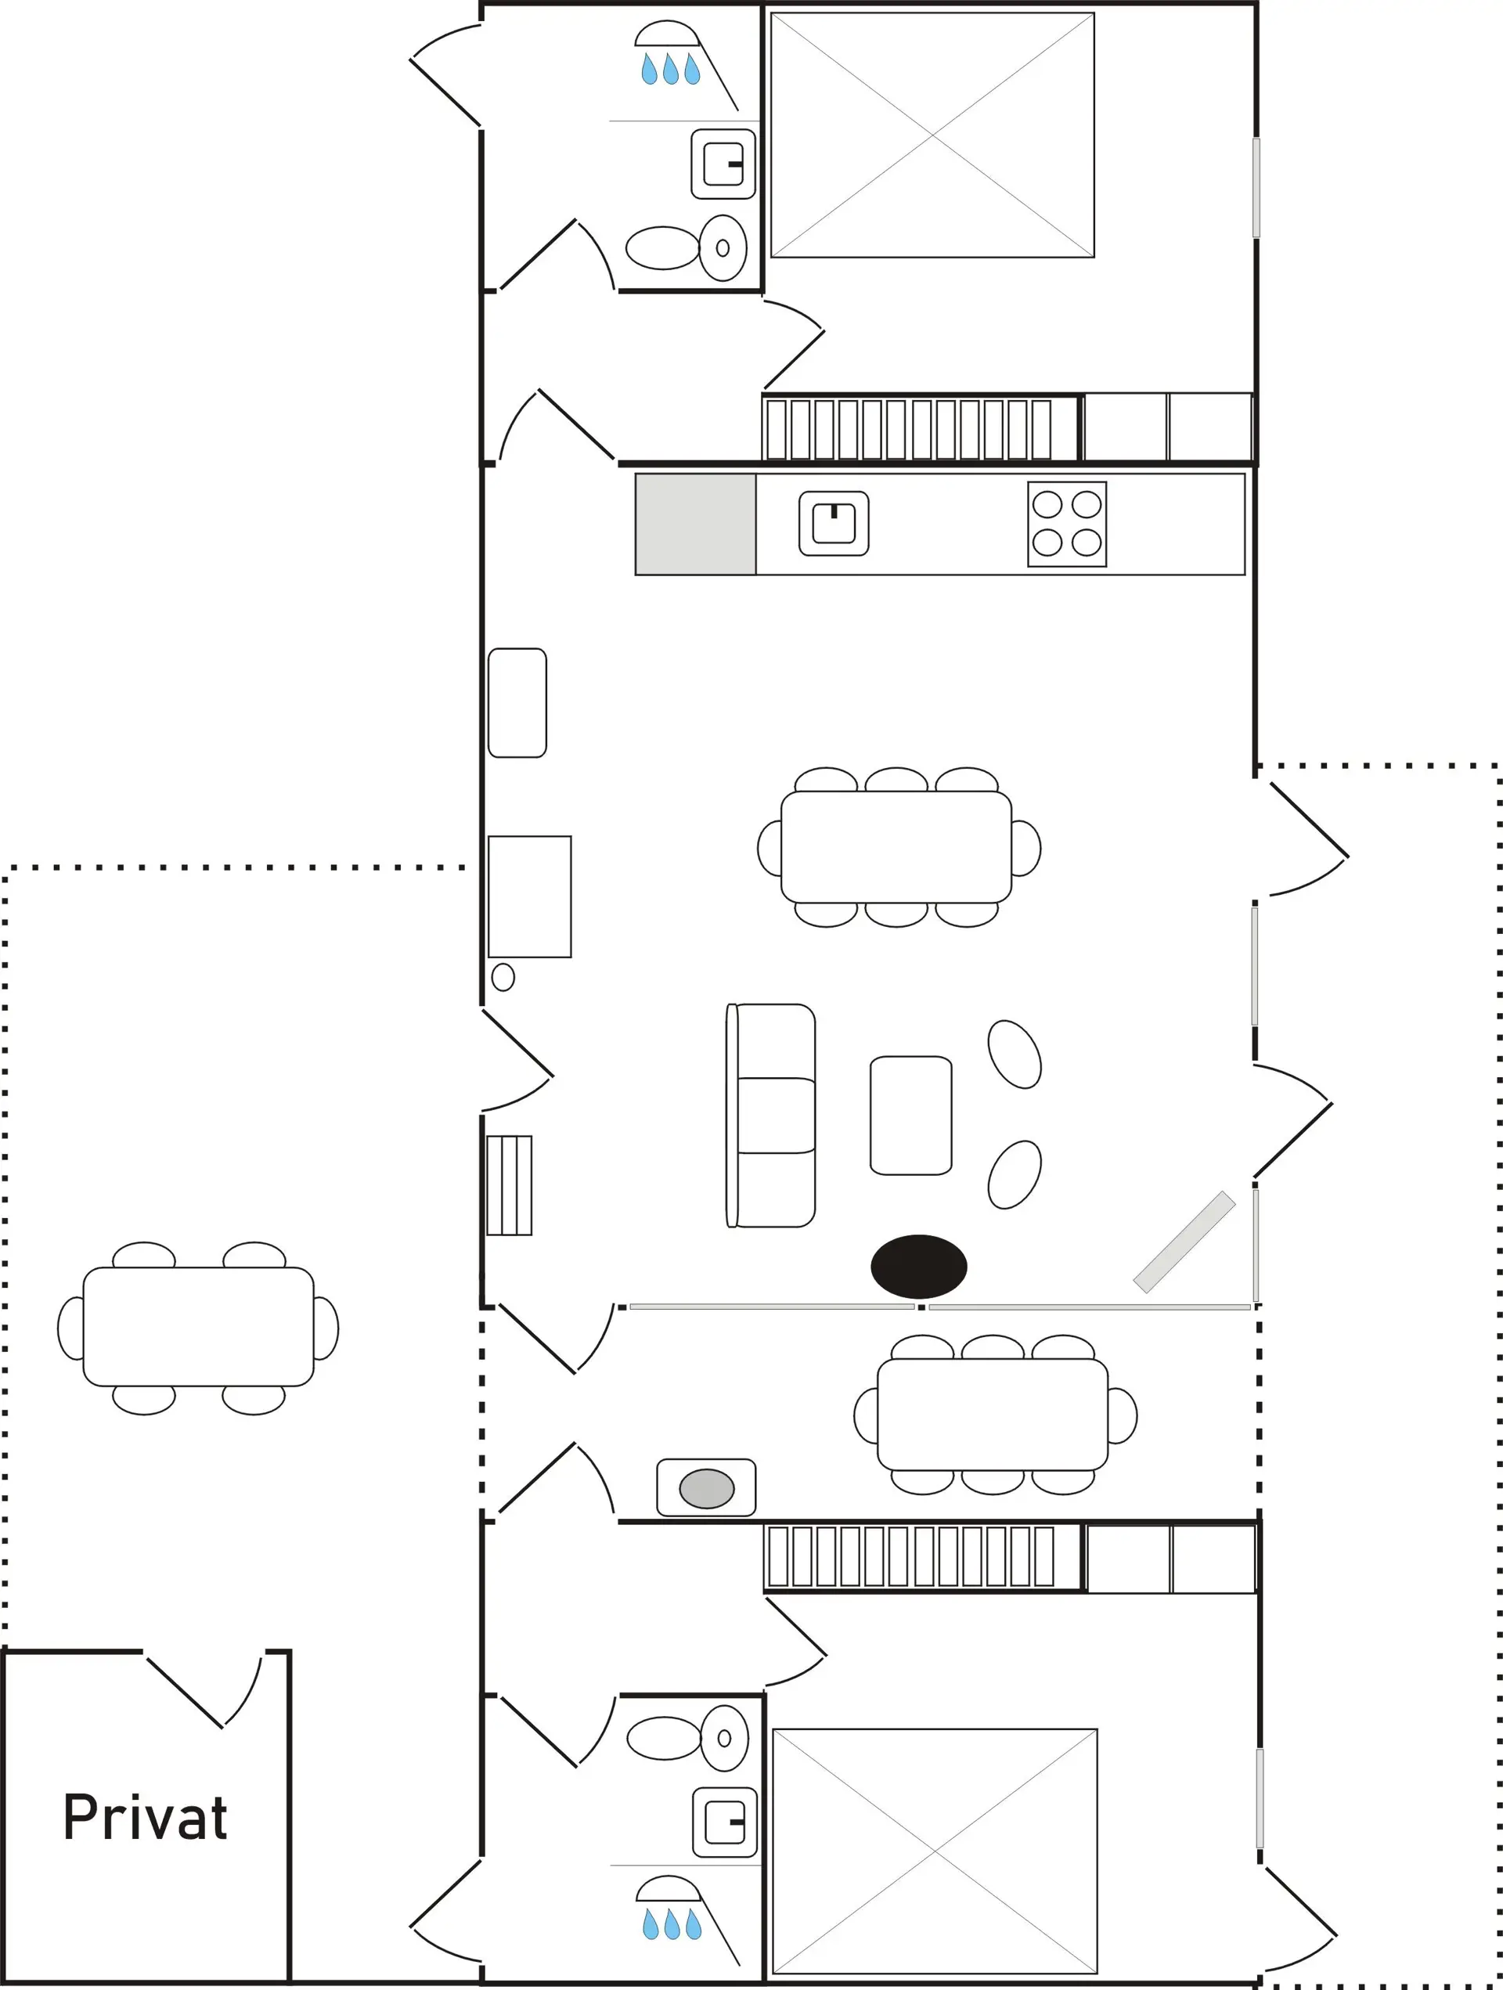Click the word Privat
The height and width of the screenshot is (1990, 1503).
146,1817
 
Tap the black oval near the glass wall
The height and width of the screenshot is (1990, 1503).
918,1266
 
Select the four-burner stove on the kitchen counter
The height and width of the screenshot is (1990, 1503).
1067,524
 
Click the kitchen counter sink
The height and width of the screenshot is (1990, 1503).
834,523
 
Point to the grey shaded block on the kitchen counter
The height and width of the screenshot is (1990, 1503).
695,524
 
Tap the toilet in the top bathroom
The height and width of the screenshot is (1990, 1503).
686,247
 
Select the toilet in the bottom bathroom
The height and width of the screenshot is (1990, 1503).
687,1738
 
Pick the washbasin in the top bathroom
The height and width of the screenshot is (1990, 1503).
723,164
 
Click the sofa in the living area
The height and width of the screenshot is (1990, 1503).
771,1115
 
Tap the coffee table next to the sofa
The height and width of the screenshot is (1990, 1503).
910,1115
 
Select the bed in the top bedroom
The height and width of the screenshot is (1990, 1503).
933,135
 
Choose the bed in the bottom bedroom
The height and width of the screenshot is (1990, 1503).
935,1851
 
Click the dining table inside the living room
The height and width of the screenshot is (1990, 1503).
896,846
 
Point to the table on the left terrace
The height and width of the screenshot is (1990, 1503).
198,1327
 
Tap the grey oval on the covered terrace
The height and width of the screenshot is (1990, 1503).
706,1488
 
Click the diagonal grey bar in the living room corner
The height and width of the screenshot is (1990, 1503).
1184,1242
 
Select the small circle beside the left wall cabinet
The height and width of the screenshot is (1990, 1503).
503,976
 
